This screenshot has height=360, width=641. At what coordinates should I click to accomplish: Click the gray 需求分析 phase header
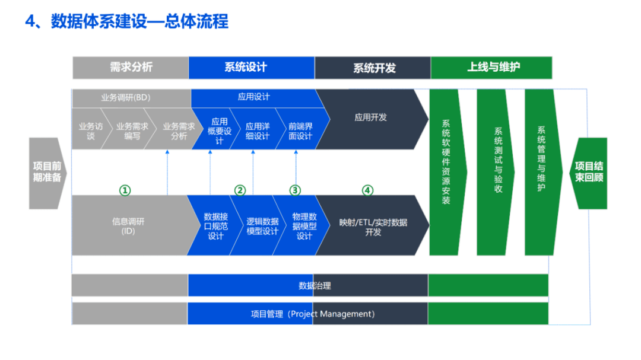131,68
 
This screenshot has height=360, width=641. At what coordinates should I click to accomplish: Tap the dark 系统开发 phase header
373,68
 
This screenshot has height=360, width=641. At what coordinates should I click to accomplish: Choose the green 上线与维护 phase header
492,68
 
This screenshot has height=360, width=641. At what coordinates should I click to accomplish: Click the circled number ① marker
125,190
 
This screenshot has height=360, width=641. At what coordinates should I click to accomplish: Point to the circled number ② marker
240,190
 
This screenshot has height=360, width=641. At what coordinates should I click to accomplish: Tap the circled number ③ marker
295,190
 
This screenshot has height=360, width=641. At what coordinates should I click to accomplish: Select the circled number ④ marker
367,190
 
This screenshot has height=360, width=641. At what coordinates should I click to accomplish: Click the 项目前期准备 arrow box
47,172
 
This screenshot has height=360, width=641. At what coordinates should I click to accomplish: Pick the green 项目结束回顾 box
589,172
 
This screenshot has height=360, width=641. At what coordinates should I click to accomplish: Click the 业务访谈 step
90,131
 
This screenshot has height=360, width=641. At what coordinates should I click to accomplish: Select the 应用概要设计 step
219,131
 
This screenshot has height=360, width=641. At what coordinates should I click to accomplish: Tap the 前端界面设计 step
300,131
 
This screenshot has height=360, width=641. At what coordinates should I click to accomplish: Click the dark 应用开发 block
370,117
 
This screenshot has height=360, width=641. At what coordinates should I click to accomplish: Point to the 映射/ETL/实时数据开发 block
373,227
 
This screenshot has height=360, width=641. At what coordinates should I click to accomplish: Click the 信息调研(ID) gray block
128,226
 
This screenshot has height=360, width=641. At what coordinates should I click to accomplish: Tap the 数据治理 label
314,286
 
